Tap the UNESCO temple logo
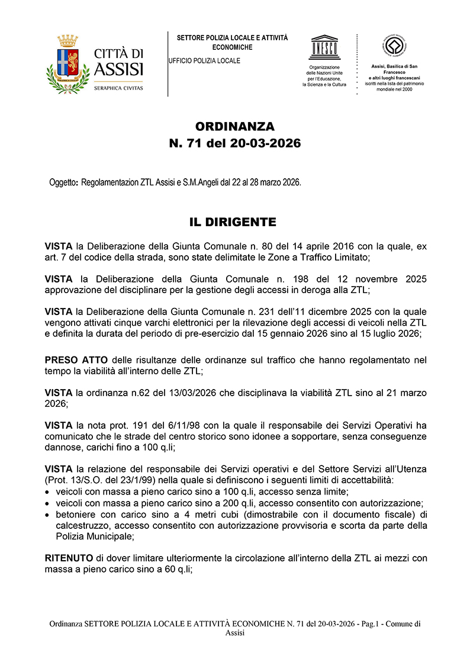click(324, 48)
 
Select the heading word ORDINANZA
click(235, 127)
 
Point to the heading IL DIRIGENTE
click(233, 222)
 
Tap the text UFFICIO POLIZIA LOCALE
click(205, 61)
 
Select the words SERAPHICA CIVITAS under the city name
click(118, 88)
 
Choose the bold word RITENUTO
click(69, 558)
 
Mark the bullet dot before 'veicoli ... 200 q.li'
click(47, 503)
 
